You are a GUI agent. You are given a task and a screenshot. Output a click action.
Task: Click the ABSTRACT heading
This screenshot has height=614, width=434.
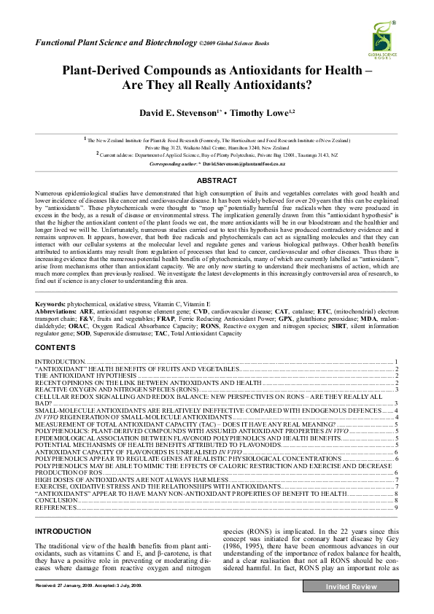click(217, 180)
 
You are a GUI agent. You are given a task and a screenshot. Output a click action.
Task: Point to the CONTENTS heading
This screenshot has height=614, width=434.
click(55, 348)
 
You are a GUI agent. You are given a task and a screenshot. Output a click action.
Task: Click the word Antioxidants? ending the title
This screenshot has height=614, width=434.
click(277, 85)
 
